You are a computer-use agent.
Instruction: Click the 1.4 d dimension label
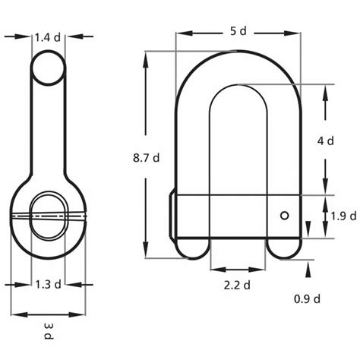tap(49, 36)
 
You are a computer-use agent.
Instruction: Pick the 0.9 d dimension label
tap(306, 298)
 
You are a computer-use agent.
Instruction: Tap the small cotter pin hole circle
tap(284, 216)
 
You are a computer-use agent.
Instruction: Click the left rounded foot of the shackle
tap(193, 248)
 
